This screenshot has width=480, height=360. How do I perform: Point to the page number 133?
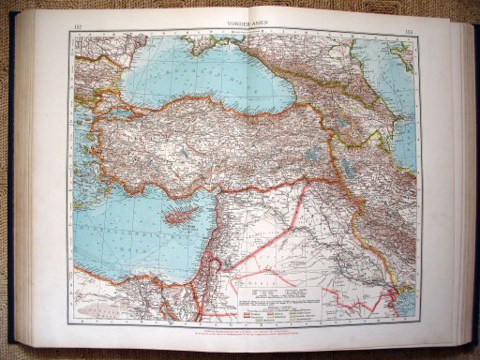point(410,25)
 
